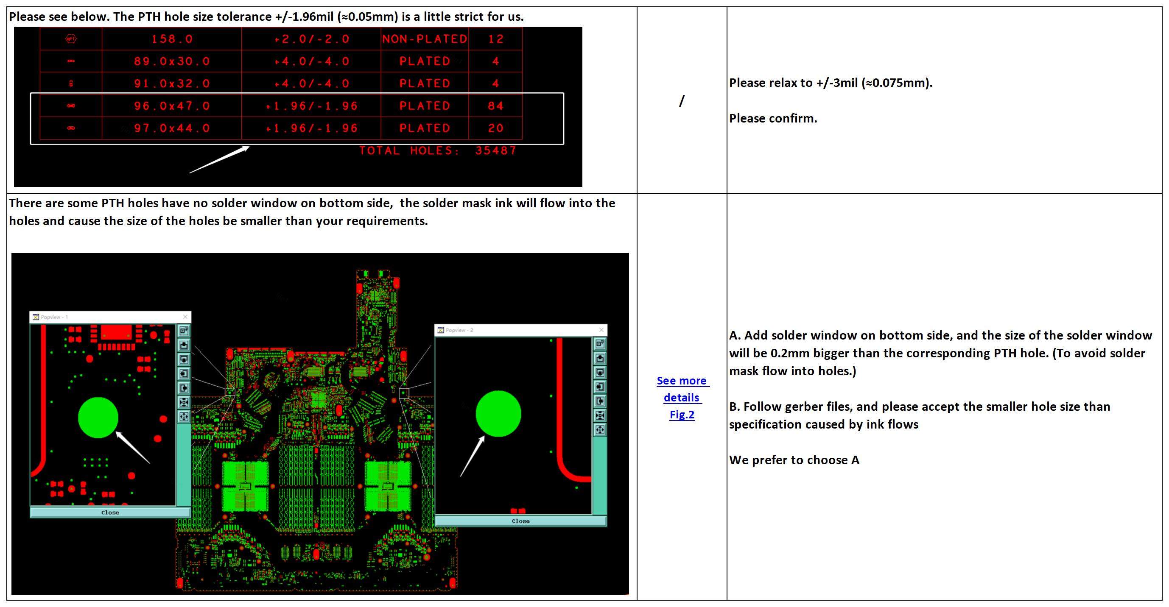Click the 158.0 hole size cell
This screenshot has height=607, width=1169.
tap(172, 39)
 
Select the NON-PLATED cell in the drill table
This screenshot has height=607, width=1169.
tap(424, 39)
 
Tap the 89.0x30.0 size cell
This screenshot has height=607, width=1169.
tap(172, 61)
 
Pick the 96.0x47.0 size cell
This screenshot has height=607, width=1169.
tap(172, 106)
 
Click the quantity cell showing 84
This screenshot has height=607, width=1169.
tap(495, 106)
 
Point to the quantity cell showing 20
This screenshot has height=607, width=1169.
tap(495, 128)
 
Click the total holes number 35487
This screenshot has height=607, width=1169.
tap(495, 150)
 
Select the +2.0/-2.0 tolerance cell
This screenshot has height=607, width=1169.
tap(311, 39)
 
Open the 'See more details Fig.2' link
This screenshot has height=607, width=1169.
tap(682, 398)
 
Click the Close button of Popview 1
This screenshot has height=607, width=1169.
tap(110, 512)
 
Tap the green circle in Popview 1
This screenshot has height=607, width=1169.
tap(98, 418)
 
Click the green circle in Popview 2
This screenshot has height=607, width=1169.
tap(498, 413)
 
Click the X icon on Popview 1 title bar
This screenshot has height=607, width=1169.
tap(185, 317)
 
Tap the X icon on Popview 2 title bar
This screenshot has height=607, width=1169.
tap(601, 330)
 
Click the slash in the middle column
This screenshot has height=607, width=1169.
tap(682, 101)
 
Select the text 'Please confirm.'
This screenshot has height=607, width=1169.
tap(773, 118)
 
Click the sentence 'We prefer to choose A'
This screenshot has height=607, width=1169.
tap(794, 460)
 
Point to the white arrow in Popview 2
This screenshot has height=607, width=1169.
tap(473, 456)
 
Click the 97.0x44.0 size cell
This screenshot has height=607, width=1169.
tap(172, 128)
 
